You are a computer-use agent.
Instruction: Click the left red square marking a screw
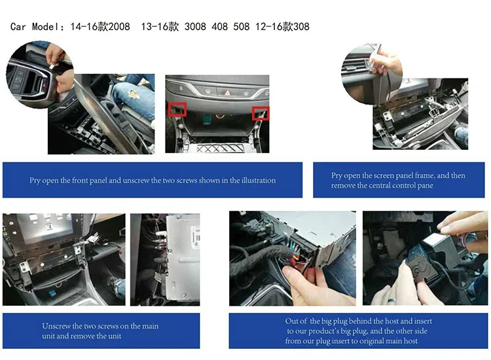coord(177,109)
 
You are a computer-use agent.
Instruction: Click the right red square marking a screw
coord(261,113)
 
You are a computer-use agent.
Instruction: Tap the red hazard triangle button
coord(227,92)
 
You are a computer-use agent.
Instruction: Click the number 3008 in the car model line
coord(195,27)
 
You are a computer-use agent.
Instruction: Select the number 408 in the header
coord(219,27)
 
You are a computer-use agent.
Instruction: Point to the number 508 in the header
coord(241,27)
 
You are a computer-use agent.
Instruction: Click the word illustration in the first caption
coord(259,180)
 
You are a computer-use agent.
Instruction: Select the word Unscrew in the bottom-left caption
coord(56,326)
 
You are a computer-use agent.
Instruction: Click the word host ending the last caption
coord(410,341)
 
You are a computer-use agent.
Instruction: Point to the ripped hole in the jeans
coord(134,94)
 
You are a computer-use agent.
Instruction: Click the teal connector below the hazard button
coord(207,119)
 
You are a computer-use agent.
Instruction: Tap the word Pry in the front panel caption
coord(35,181)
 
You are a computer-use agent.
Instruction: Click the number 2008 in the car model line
coord(119,27)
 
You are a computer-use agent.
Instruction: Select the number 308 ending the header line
coord(301,27)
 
